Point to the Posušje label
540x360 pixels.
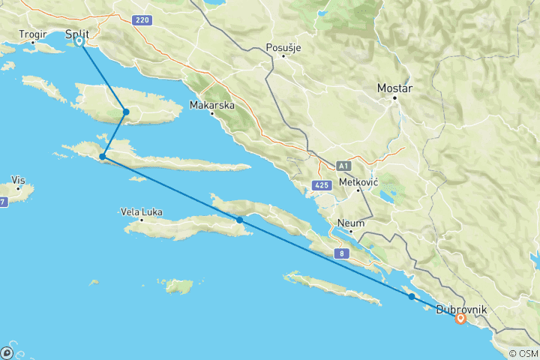[283, 49]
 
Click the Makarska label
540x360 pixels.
[211, 106]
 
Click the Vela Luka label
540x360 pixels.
[141, 212]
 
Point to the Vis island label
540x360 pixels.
[19, 180]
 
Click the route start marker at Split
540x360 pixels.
[79, 42]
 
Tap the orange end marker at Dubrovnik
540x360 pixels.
[460, 319]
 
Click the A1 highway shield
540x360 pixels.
[343, 166]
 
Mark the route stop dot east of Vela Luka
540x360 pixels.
[239, 220]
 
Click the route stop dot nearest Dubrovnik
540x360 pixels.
[412, 297]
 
